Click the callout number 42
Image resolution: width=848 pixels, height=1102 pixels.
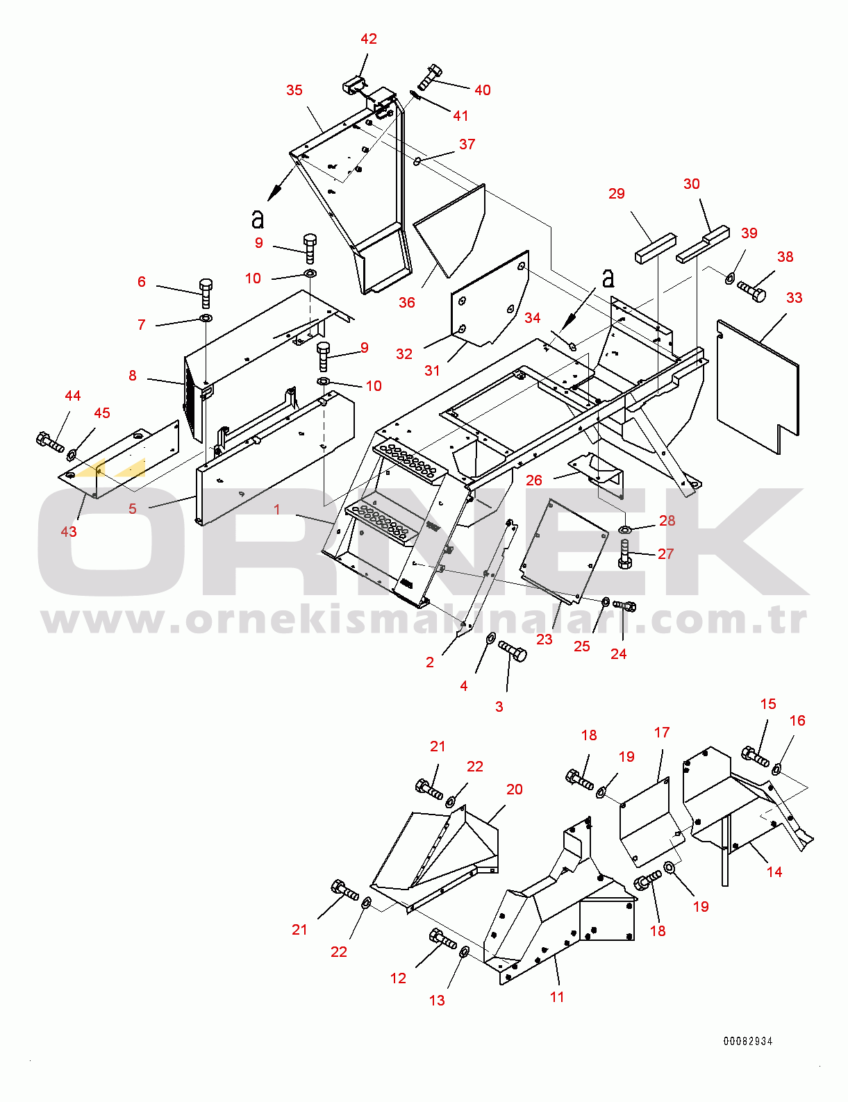pyautogui.click(x=369, y=39)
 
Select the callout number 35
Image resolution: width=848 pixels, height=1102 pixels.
pyautogui.click(x=294, y=90)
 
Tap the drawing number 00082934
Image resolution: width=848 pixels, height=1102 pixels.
pyautogui.click(x=747, y=1041)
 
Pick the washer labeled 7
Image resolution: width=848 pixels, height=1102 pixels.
pyautogui.click(x=206, y=318)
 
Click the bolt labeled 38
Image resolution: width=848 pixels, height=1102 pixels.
pyautogui.click(x=751, y=290)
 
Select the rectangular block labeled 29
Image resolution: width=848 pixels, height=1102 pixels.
pyautogui.click(x=655, y=248)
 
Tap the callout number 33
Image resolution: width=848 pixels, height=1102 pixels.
pyautogui.click(x=794, y=298)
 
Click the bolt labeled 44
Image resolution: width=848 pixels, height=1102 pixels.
pyautogui.click(x=49, y=442)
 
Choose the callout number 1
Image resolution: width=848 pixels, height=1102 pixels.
pyautogui.click(x=277, y=510)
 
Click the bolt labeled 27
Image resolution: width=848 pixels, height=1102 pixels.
pyautogui.click(x=624, y=554)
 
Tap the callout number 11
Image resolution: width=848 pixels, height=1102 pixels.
pyautogui.click(x=557, y=996)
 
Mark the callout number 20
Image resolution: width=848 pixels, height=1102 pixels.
pyautogui.click(x=514, y=790)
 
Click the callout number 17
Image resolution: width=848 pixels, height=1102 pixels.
pyautogui.click(x=662, y=733)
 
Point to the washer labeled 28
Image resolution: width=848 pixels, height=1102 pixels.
pyautogui.click(x=624, y=531)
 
